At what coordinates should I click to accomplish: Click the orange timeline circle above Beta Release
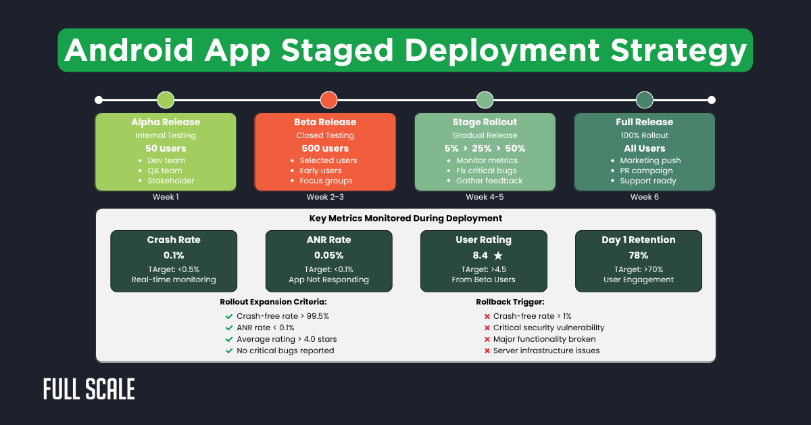point(328,100)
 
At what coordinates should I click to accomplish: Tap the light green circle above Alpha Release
point(166,100)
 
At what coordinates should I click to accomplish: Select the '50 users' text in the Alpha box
point(166,148)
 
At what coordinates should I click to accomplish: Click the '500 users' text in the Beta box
point(325,148)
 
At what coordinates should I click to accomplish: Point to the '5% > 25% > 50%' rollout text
point(485,148)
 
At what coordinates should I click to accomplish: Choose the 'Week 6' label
point(644,197)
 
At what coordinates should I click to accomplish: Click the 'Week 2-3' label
point(325,197)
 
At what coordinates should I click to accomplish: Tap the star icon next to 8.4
point(498,256)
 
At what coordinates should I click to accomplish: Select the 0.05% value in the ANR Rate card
point(328,256)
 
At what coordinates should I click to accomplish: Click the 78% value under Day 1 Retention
point(638,256)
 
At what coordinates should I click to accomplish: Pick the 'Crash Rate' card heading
point(174,240)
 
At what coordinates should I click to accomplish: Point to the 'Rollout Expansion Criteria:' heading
point(274,302)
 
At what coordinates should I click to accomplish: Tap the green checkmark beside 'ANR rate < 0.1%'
point(228,328)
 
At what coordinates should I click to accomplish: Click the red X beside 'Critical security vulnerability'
point(487,328)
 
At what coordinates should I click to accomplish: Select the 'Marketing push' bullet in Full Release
point(650,160)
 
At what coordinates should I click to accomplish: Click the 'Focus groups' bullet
point(326,181)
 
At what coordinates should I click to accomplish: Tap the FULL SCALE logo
point(89,390)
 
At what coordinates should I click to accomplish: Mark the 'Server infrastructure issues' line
point(546,351)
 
